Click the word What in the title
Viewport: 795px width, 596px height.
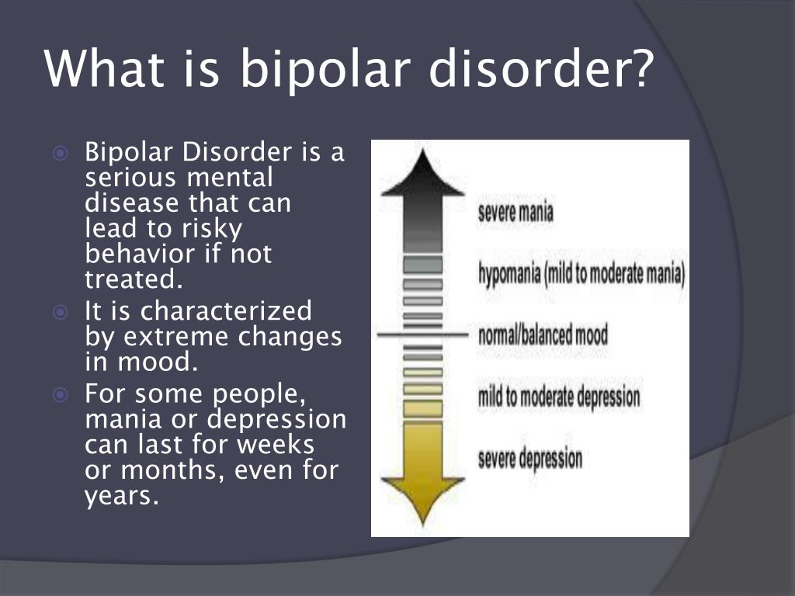point(105,68)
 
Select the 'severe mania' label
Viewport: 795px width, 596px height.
point(516,211)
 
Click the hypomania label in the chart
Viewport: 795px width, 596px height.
point(581,274)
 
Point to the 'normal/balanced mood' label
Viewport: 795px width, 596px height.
point(543,335)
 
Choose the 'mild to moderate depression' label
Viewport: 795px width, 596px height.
point(559,397)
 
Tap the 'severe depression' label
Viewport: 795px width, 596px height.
point(529,458)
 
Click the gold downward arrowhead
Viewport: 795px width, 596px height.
point(423,500)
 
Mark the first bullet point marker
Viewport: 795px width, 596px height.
point(60,153)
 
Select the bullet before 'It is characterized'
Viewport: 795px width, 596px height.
point(60,312)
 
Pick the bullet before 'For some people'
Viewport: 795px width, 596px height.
point(60,395)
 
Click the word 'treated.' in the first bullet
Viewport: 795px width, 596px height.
point(134,279)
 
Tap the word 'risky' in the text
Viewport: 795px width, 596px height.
point(212,229)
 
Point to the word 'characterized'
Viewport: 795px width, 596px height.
point(226,310)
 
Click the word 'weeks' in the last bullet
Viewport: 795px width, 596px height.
point(276,445)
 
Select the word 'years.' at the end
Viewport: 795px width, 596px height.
point(122,497)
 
